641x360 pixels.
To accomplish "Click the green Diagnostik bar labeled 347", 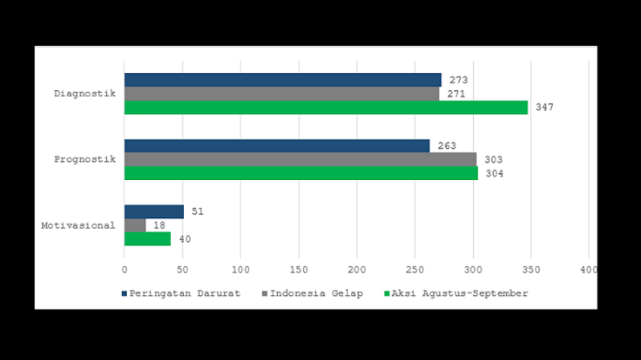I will pos(326,108).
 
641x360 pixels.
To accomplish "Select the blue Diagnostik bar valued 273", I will pos(282,80).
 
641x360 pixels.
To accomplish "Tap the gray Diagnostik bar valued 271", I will pos(282,94).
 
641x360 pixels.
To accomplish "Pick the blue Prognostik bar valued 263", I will pos(277,146).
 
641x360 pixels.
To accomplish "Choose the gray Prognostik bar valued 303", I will pos(300,159).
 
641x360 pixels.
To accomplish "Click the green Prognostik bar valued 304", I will pos(301,173).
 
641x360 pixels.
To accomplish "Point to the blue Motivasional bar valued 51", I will pos(154,211).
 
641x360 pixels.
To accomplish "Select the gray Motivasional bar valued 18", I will pos(135,225).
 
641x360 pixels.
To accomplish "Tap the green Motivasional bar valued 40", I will pos(147,239).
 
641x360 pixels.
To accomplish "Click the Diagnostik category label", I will pos(85,94).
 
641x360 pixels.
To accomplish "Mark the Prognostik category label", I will pos(85,159).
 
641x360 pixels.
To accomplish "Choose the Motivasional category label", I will pos(79,225).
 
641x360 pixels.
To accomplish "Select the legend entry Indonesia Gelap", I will pos(313,293).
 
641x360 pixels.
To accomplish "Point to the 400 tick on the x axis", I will pos(588,269).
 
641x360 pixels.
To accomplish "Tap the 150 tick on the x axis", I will pos(298,269).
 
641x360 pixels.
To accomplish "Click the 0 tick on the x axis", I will pos(124,269).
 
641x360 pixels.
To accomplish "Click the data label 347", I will pos(544,108).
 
